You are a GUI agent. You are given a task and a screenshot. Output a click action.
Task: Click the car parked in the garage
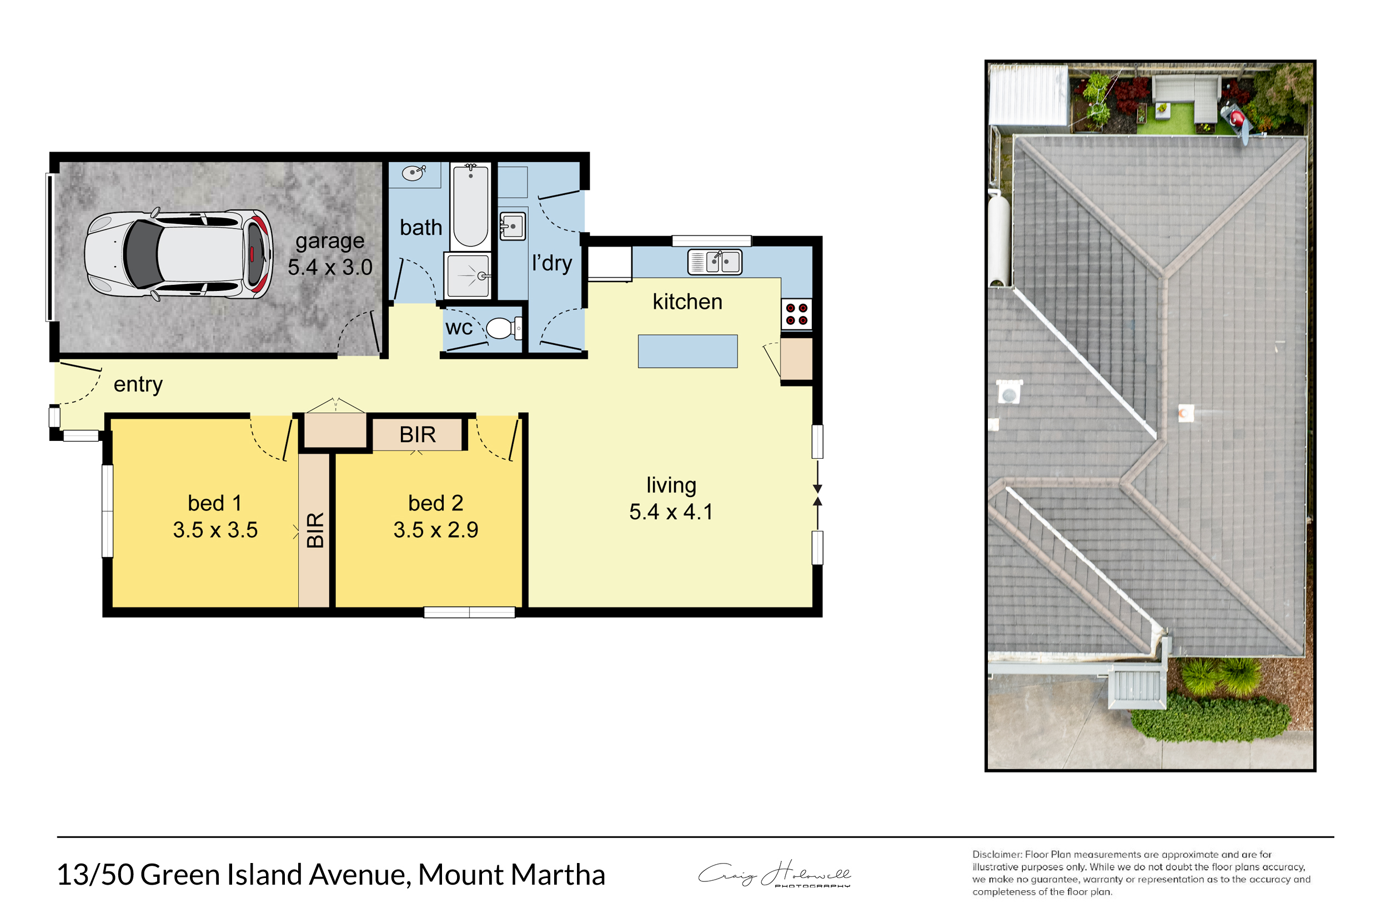(x=178, y=255)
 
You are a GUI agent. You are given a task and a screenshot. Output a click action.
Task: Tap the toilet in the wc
(x=504, y=328)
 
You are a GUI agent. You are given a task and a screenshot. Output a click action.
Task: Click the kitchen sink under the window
(x=715, y=262)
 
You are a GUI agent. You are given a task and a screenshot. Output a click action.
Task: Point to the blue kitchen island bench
(x=687, y=352)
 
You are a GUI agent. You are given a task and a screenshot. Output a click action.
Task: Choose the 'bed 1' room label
(x=214, y=503)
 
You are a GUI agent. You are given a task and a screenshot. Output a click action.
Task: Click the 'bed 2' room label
(x=435, y=503)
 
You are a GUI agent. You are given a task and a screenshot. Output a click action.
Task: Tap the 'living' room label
(x=671, y=485)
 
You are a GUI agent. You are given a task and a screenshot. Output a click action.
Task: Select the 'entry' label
(x=138, y=385)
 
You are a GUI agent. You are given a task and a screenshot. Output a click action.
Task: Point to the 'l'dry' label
(x=552, y=263)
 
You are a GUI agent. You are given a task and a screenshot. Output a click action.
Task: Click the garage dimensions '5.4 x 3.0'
(x=330, y=267)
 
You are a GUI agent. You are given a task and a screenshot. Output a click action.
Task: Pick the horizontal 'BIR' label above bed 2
(x=418, y=434)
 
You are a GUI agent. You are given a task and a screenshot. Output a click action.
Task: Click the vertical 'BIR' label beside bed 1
(x=315, y=530)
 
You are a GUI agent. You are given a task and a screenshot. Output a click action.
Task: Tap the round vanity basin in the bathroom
(x=413, y=173)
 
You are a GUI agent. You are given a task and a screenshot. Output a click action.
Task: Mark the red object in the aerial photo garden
(x=1238, y=118)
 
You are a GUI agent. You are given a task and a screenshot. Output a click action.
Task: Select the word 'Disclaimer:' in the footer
(x=997, y=855)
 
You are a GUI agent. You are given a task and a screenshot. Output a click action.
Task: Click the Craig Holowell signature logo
(x=774, y=874)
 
